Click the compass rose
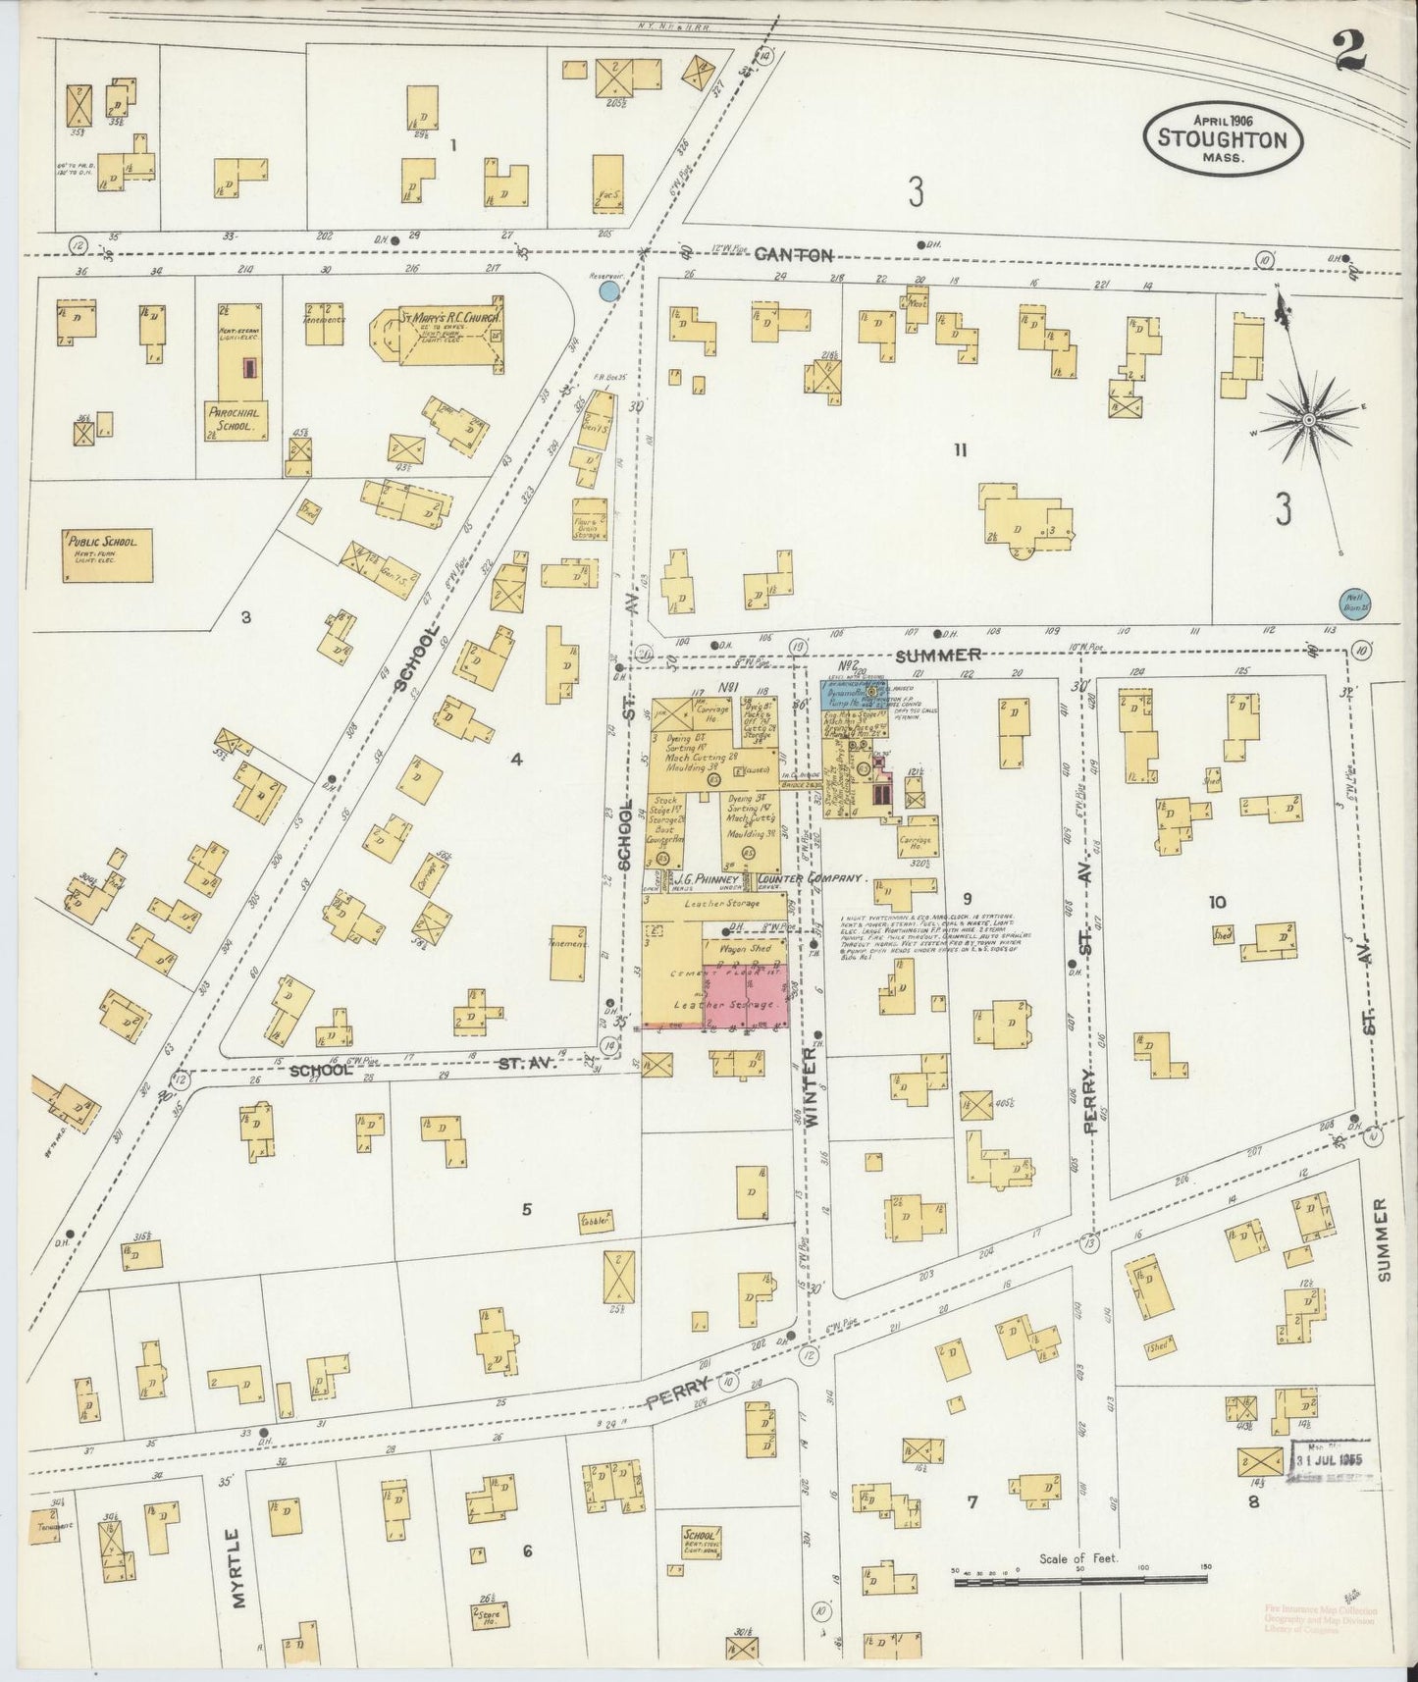pyautogui.click(x=1308, y=420)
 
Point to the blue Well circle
pyautogui.click(x=1354, y=601)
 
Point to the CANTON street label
pyautogui.click(x=794, y=255)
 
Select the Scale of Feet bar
pyautogui.click(x=1079, y=1578)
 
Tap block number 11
pyautogui.click(x=960, y=450)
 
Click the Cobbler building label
pyautogui.click(x=596, y=1221)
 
